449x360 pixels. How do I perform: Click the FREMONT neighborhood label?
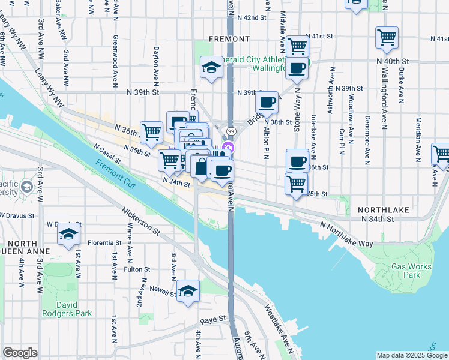[x=229, y=39]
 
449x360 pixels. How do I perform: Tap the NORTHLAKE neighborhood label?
[x=384, y=210]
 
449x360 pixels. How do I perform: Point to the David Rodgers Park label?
[x=67, y=308]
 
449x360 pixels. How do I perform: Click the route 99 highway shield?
[x=231, y=131]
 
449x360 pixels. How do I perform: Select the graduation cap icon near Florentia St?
[x=69, y=234]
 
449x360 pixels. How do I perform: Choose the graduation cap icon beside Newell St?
[x=188, y=292]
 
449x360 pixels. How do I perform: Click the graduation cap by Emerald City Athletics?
[x=211, y=68]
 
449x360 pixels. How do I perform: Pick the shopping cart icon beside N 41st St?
[x=297, y=46]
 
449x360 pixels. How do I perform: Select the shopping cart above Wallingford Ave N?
[x=387, y=37]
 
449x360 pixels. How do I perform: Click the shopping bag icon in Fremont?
[x=200, y=167]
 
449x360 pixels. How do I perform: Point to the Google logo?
[x=20, y=353]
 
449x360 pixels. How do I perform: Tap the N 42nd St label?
[x=252, y=18]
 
